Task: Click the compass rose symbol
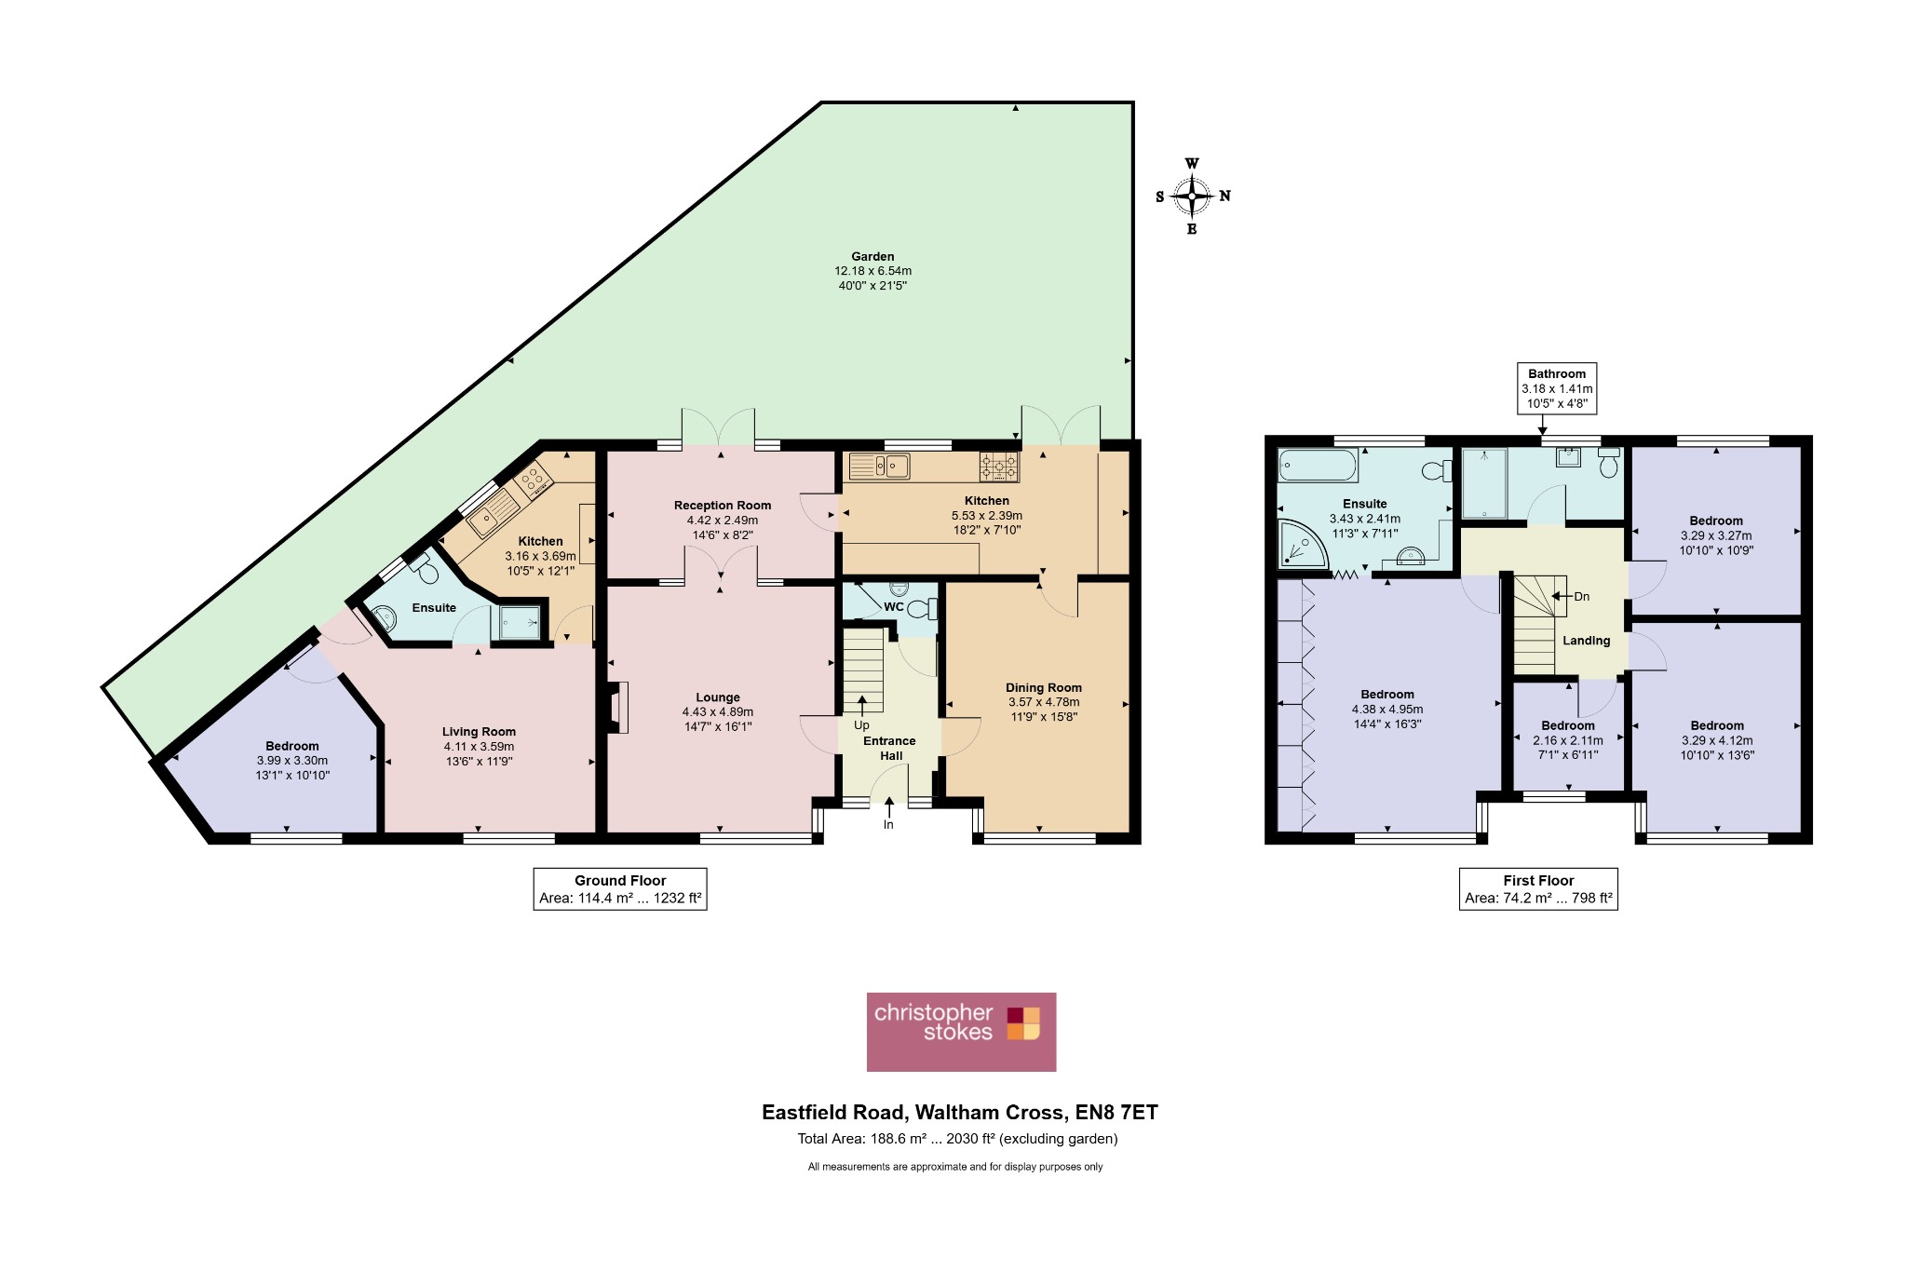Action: click(x=1192, y=196)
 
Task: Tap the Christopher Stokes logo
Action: click(x=961, y=1032)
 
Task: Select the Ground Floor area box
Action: click(x=620, y=889)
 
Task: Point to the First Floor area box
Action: click(x=1538, y=889)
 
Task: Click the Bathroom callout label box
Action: click(x=1557, y=388)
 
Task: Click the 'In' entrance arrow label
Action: click(x=888, y=825)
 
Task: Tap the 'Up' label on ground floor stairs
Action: click(x=861, y=725)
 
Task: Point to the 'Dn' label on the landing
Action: click(x=1581, y=597)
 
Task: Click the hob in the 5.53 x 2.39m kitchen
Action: click(x=998, y=466)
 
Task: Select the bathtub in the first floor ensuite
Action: click(x=1318, y=465)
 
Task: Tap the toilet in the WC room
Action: click(x=921, y=609)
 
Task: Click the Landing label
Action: click(x=1587, y=641)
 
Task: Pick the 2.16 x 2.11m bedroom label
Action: click(x=1568, y=740)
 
